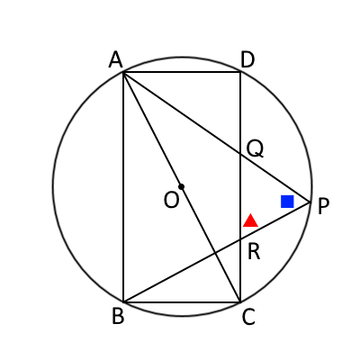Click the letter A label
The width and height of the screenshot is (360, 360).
click(x=116, y=59)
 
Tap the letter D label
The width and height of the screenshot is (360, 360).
click(x=247, y=59)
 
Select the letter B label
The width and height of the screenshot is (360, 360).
click(x=118, y=317)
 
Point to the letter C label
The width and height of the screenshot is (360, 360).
click(x=248, y=317)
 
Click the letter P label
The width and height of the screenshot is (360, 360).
click(x=323, y=207)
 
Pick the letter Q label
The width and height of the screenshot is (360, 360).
click(x=255, y=149)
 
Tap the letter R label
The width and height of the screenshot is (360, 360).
click(x=254, y=252)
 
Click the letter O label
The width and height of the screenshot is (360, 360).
click(x=171, y=200)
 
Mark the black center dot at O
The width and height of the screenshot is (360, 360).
click(x=181, y=186)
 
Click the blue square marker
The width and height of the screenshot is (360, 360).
click(x=287, y=202)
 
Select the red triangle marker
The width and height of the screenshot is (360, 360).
click(x=250, y=220)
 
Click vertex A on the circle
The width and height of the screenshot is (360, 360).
click(x=123, y=72)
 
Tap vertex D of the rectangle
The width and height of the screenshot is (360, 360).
click(x=240, y=72)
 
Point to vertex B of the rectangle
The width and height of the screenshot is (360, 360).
click(x=123, y=301)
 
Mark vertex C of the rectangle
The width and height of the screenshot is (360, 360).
click(x=240, y=301)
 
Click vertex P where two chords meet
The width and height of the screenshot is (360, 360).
click(x=310, y=202)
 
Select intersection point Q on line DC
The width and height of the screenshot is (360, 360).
click(x=240, y=154)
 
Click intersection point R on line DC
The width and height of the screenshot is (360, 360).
click(x=240, y=239)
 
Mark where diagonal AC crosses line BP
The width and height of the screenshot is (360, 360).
click(x=216, y=253)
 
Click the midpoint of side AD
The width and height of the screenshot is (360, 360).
click(x=182, y=72)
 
